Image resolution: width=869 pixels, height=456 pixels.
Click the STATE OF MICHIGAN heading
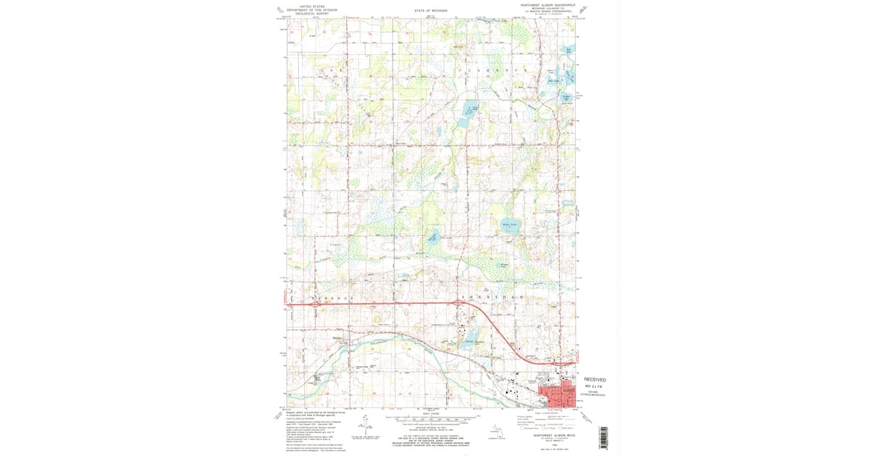[x=431, y=11]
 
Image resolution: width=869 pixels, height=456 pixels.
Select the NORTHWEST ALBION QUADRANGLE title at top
[x=548, y=4]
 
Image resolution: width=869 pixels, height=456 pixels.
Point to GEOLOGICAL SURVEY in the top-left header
[x=312, y=13]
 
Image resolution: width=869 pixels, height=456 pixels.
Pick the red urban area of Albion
[x=560, y=394]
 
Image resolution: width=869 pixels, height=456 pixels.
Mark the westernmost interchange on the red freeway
[x=316, y=305]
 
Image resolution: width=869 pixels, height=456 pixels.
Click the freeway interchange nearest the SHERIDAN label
[x=458, y=303]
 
